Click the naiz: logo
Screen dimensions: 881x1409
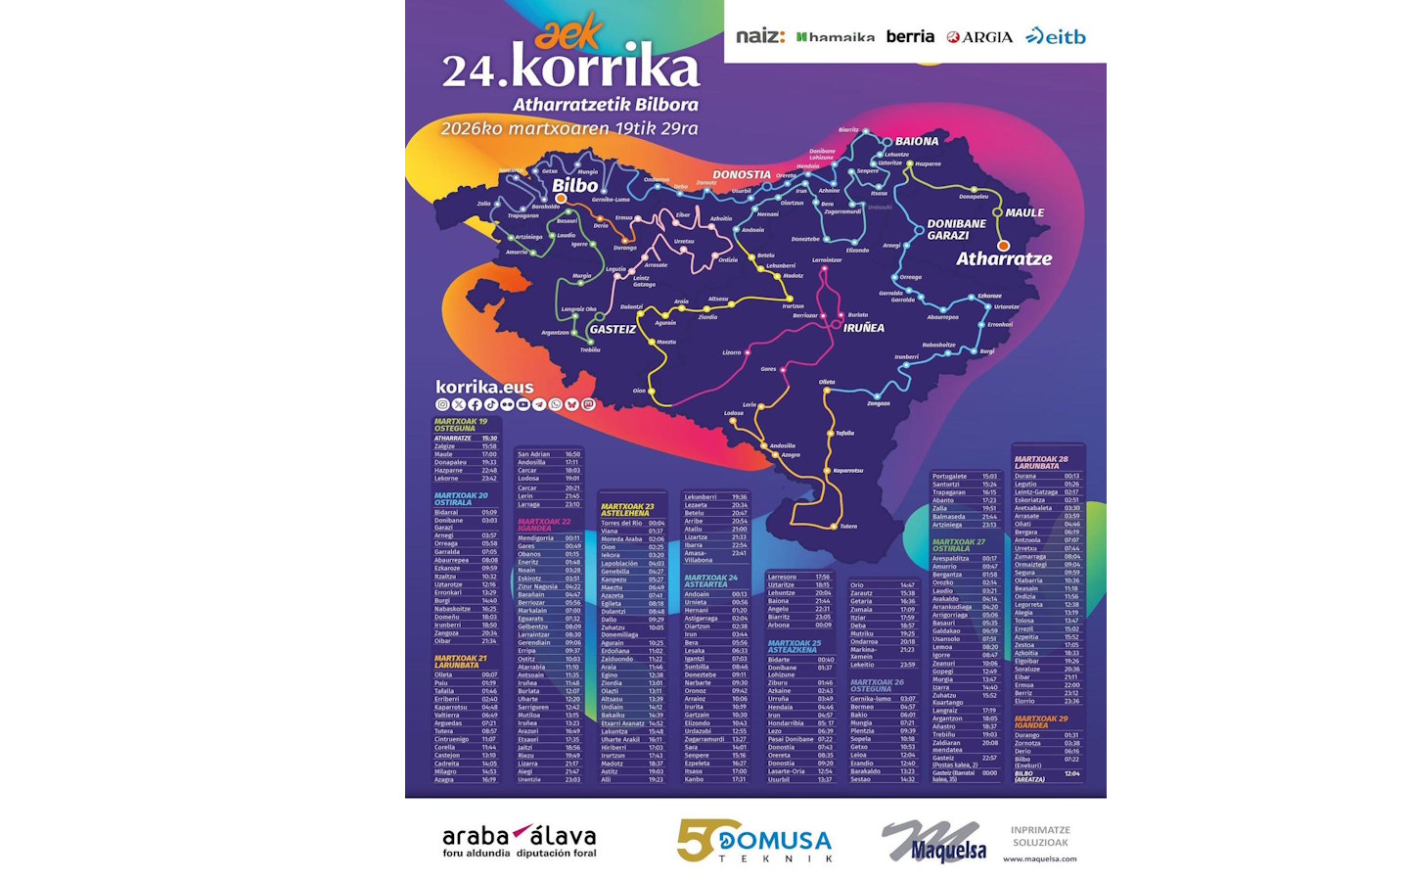759,36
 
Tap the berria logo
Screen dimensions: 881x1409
910,36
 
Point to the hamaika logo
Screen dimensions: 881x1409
836,37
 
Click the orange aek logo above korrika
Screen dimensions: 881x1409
568,35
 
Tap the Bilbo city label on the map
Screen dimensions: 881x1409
575,185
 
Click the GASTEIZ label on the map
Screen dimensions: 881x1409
613,329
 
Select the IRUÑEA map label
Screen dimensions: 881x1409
864,328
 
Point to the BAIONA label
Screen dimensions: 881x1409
917,141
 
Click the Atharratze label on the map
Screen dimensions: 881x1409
1004,258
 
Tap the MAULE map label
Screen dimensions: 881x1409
1024,212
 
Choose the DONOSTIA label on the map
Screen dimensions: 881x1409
742,174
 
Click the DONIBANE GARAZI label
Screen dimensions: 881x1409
956,229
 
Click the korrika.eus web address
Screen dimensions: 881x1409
484,387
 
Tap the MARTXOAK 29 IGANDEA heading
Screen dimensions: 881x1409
1041,721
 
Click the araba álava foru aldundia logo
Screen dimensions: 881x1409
519,841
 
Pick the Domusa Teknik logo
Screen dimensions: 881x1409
754,841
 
